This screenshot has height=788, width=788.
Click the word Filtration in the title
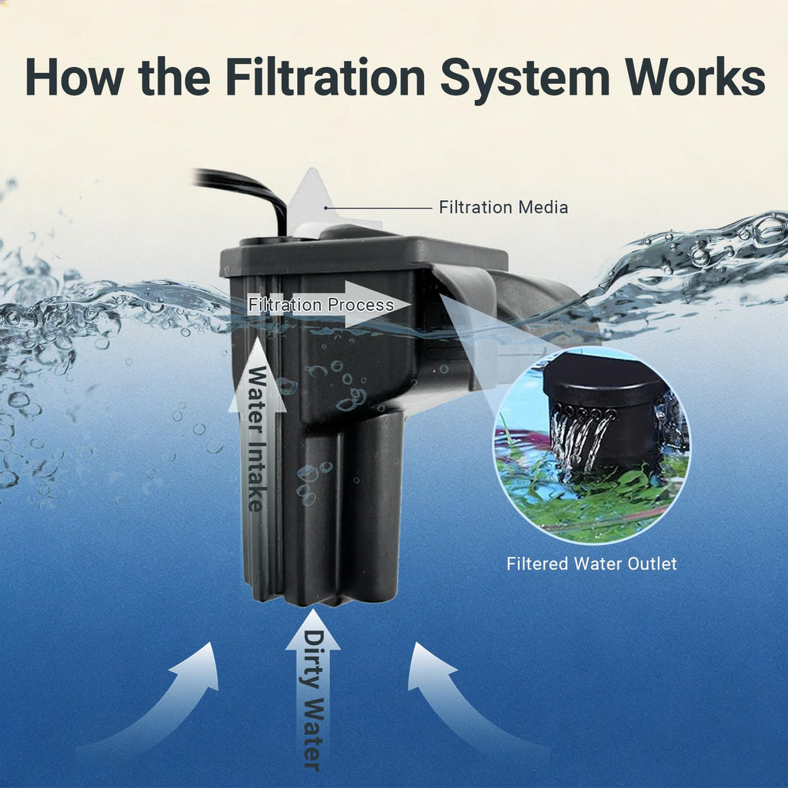[326, 77]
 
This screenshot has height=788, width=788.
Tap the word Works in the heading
[695, 77]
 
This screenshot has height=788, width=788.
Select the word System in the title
[525, 80]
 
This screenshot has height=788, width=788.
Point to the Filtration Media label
[503, 207]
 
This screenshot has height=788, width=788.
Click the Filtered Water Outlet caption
[592, 563]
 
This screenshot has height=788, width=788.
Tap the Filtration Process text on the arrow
[321, 305]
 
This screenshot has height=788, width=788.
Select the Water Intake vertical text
[256, 439]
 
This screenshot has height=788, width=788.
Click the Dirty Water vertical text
[312, 700]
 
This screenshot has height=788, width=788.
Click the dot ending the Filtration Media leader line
[326, 208]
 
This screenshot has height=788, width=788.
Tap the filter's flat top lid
[364, 255]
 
